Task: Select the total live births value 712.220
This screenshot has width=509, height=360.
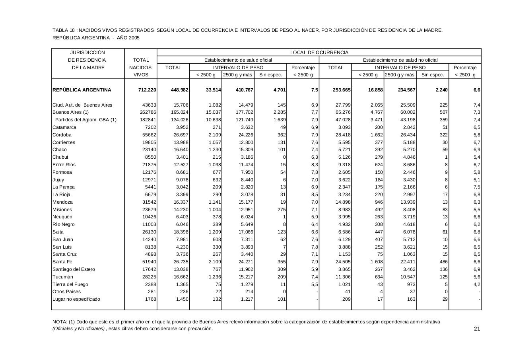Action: (x=147, y=90)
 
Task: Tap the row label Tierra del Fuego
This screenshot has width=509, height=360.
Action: (x=70, y=284)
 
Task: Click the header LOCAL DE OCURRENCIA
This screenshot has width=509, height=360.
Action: (x=319, y=53)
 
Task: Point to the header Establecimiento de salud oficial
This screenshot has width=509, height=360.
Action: (x=238, y=60)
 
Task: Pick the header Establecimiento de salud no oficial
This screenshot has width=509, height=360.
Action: (x=400, y=60)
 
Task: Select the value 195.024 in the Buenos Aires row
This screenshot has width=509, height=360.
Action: (x=180, y=113)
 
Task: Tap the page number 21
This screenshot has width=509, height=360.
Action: (x=477, y=329)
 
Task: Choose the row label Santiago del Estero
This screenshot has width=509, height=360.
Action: (x=74, y=269)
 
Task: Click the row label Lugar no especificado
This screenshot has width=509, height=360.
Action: (x=76, y=299)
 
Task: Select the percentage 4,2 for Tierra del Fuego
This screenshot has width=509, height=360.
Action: (x=477, y=284)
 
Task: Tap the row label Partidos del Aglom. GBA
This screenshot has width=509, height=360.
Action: (x=86, y=120)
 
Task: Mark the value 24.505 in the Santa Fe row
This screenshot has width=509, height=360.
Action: (x=342, y=262)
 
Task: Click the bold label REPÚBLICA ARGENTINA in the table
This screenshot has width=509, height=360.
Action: (x=82, y=90)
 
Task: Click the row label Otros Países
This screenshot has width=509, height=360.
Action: (x=66, y=292)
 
